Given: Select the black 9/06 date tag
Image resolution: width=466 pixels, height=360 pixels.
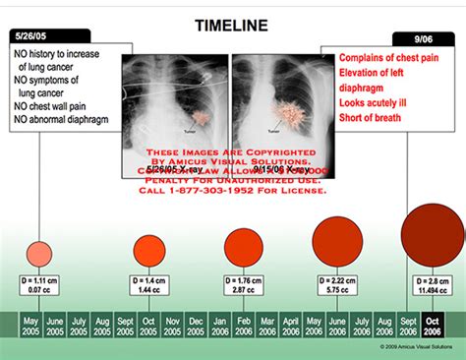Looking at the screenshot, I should pos(424,38).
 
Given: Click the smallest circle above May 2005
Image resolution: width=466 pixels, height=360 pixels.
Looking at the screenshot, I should pos(38,253).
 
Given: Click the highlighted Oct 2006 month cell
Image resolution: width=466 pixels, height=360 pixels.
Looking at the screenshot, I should pos(433,326).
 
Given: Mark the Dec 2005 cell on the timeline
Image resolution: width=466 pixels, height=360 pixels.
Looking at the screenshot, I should pos(195,326).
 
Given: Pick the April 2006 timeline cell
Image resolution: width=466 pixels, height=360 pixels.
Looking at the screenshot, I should pos(292,326).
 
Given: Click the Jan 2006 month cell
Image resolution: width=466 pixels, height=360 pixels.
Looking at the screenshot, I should pos(218,326).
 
